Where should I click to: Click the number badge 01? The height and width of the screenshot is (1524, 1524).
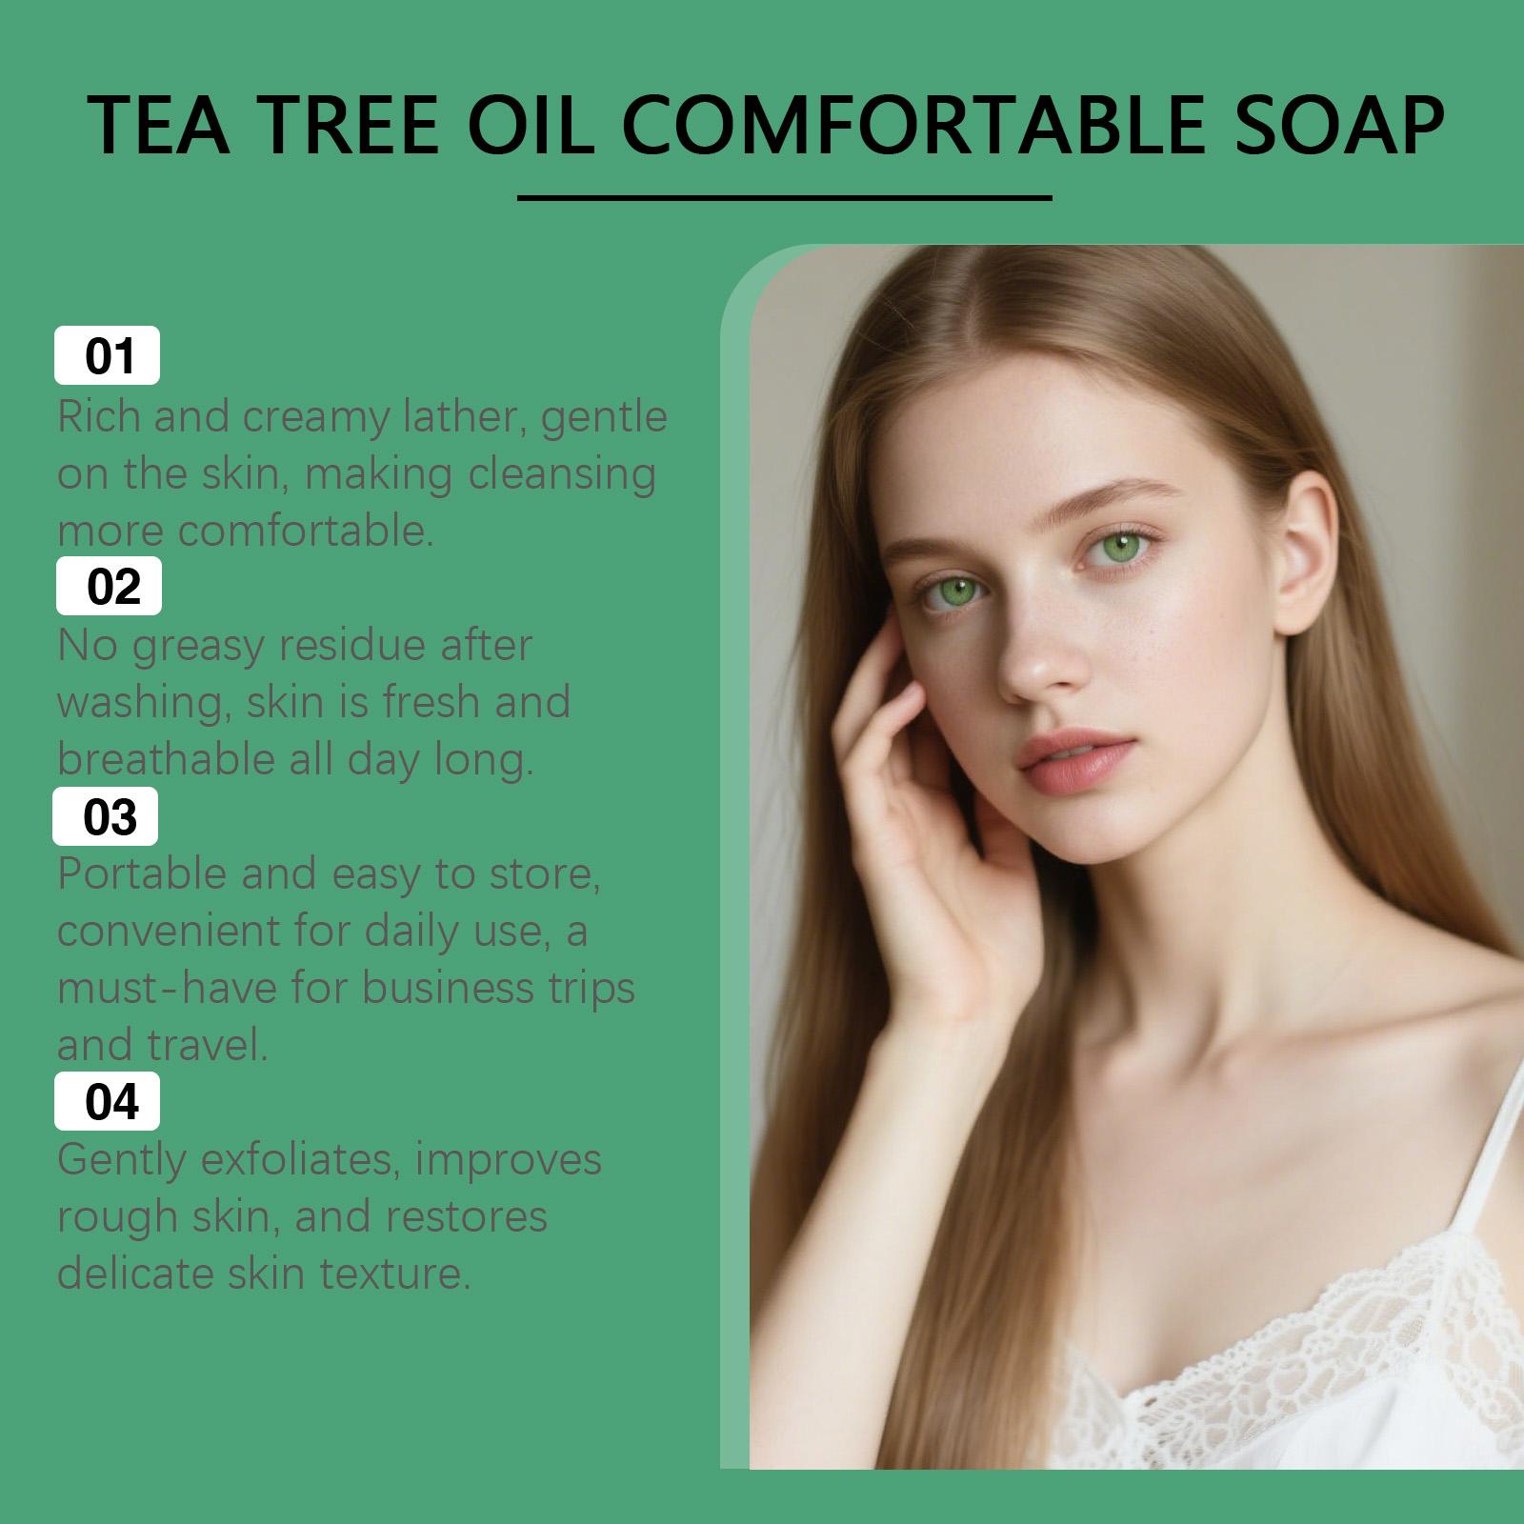click(x=108, y=355)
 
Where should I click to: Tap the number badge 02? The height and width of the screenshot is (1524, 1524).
click(x=110, y=586)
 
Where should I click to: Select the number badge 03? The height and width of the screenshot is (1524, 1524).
click(x=106, y=816)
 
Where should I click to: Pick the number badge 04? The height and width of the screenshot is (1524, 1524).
click(x=108, y=1101)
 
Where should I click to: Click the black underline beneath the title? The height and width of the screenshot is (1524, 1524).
click(x=785, y=199)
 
